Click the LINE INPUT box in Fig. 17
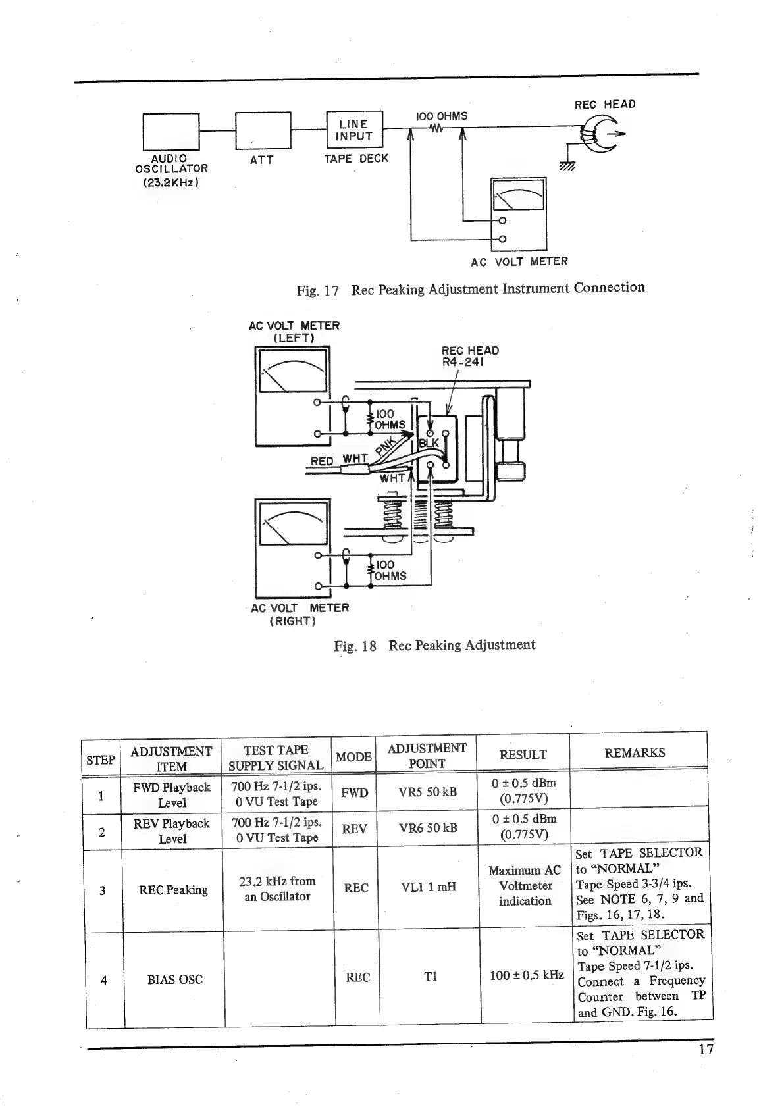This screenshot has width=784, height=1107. pyautogui.click(x=354, y=130)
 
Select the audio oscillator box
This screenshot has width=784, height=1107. pyautogui.click(x=171, y=131)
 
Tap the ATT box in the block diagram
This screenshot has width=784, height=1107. pyautogui.click(x=263, y=131)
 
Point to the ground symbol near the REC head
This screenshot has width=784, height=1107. pyautogui.click(x=567, y=167)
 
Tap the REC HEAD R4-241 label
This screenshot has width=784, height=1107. pyautogui.click(x=470, y=356)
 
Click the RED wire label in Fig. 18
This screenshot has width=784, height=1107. pyautogui.click(x=321, y=461)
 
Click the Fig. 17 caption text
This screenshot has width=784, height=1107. pyautogui.click(x=470, y=289)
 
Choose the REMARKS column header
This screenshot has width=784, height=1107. pyautogui.click(x=635, y=752)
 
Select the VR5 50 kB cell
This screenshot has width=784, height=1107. pyautogui.click(x=427, y=792)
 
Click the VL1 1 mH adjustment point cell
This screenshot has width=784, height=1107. pyautogui.click(x=429, y=887)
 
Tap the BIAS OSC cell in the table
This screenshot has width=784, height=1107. pyautogui.click(x=174, y=979)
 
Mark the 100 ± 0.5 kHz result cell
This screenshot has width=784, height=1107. pyautogui.click(x=526, y=975)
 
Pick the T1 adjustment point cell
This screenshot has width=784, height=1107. pyautogui.click(x=431, y=977)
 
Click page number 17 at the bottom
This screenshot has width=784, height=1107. pyautogui.click(x=706, y=1049)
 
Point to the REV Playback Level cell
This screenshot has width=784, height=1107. pyautogui.click(x=172, y=831)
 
